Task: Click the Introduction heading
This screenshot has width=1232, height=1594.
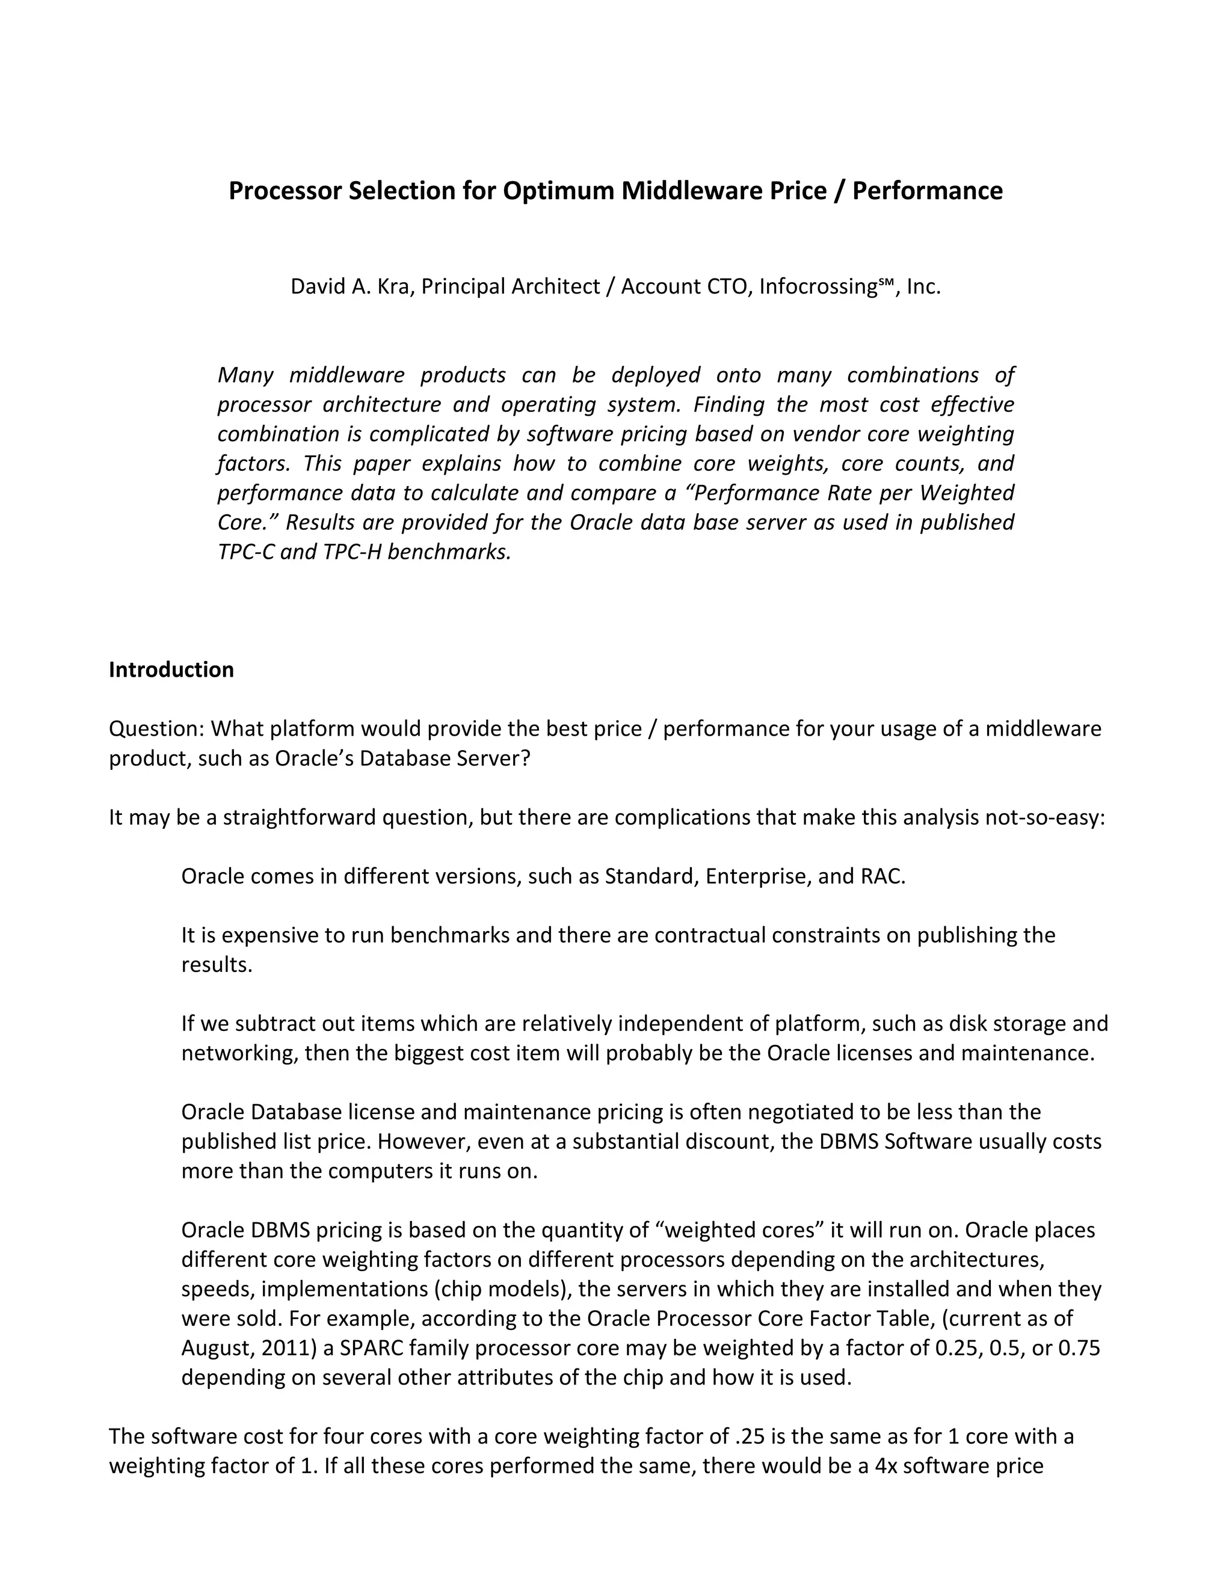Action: point(171,669)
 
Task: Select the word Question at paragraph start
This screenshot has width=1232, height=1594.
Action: point(155,728)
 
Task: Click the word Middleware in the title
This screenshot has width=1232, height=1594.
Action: point(683,191)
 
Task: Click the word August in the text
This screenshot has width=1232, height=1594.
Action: point(214,1347)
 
